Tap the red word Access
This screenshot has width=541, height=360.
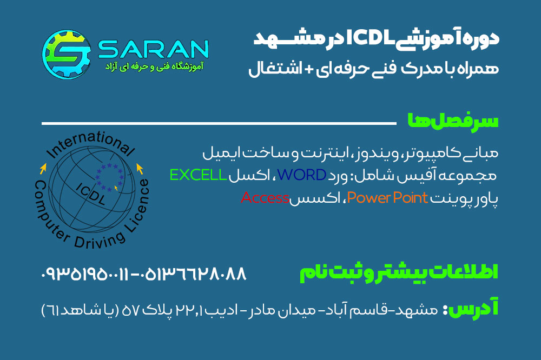point(265,198)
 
